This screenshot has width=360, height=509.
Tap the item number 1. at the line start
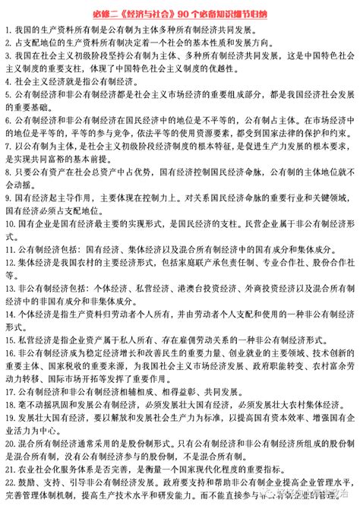pyautogui.click(x=6, y=29)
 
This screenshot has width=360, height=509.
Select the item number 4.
pyautogui.click(x=6, y=79)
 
